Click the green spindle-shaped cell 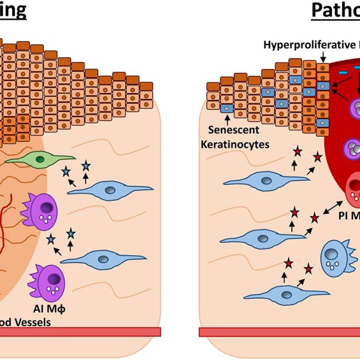[36, 159]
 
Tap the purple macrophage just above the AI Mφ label [49, 282]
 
